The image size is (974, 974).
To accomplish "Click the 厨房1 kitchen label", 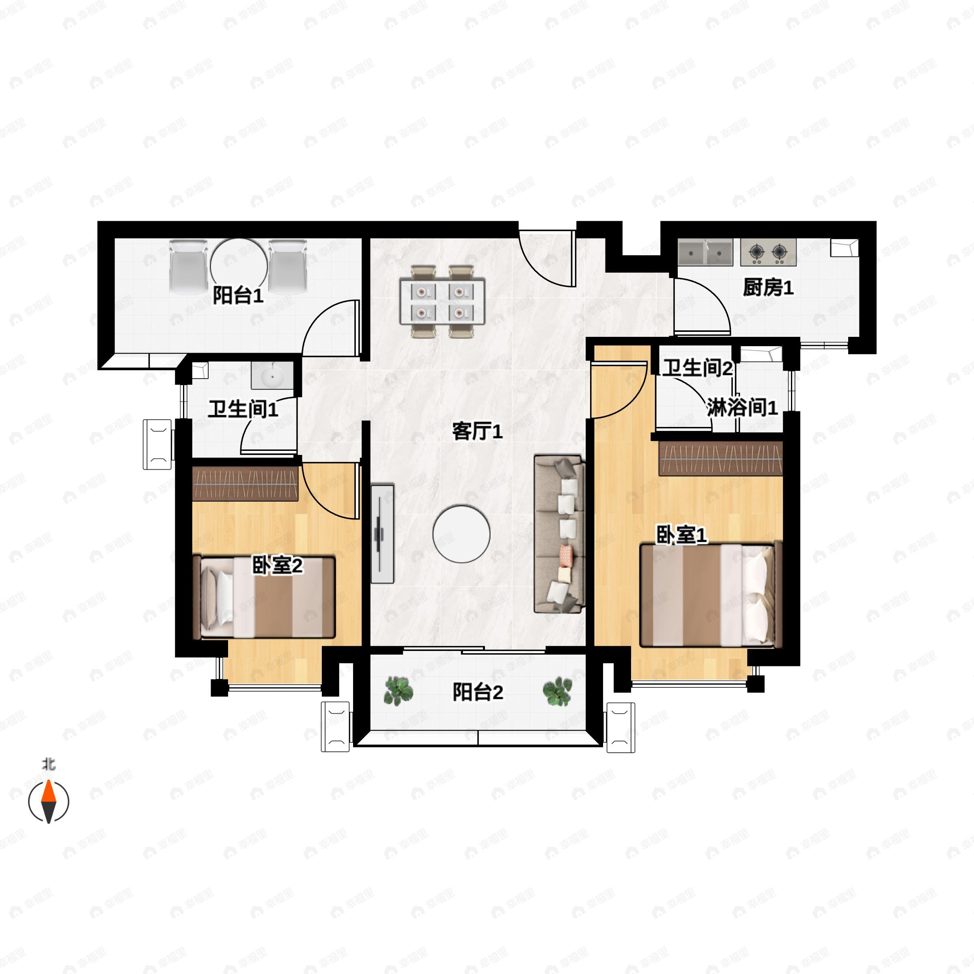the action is pyautogui.click(x=768, y=288).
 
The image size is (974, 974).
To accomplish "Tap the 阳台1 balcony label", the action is pyautogui.click(x=238, y=295).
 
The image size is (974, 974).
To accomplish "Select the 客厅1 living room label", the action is pyautogui.click(x=477, y=431).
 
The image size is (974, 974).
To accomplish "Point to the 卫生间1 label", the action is pyautogui.click(x=243, y=409).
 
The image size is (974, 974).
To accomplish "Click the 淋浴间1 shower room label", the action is pyautogui.click(x=742, y=407).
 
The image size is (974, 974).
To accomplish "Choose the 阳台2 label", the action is pyautogui.click(x=477, y=692).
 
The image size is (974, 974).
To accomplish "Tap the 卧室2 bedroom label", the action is pyautogui.click(x=277, y=566).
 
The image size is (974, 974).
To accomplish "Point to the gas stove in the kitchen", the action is pyautogui.click(x=768, y=252).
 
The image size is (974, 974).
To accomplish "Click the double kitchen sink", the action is pyautogui.click(x=705, y=252).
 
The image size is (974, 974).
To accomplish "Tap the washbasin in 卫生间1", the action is pyautogui.click(x=272, y=375).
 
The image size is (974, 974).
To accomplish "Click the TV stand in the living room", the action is pyautogui.click(x=382, y=534).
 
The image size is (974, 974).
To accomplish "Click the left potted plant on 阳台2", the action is pyautogui.click(x=398, y=691).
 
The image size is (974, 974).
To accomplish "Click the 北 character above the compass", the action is pyautogui.click(x=48, y=765).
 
